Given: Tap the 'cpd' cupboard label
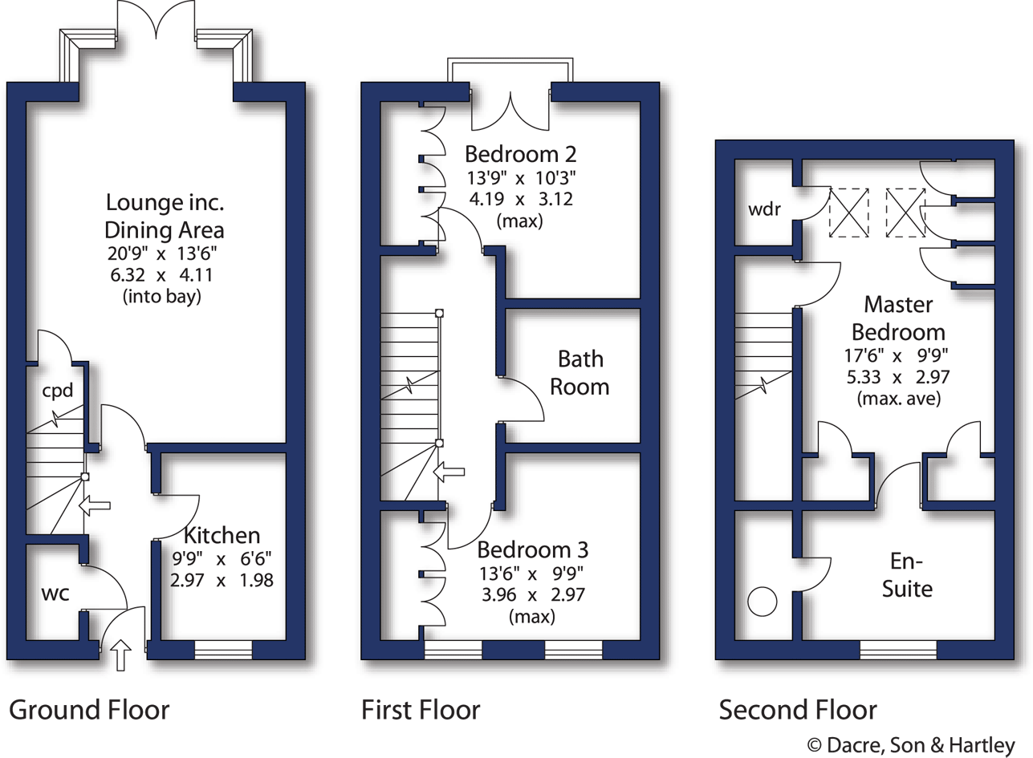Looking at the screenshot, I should pos(58,391).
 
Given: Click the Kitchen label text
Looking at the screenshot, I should pos(222,536).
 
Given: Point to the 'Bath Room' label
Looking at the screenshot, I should pos(580,372).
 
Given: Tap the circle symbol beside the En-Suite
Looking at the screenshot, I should pos(762,601).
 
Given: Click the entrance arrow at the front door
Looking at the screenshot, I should pos(121,655).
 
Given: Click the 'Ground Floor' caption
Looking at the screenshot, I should pos(89,710).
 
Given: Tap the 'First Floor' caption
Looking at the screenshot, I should pos(421,710).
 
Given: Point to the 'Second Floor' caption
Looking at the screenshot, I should pos(798,710).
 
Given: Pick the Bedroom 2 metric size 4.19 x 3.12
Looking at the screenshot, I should pos(519,198).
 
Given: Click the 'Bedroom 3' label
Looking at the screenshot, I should pos(532,550).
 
